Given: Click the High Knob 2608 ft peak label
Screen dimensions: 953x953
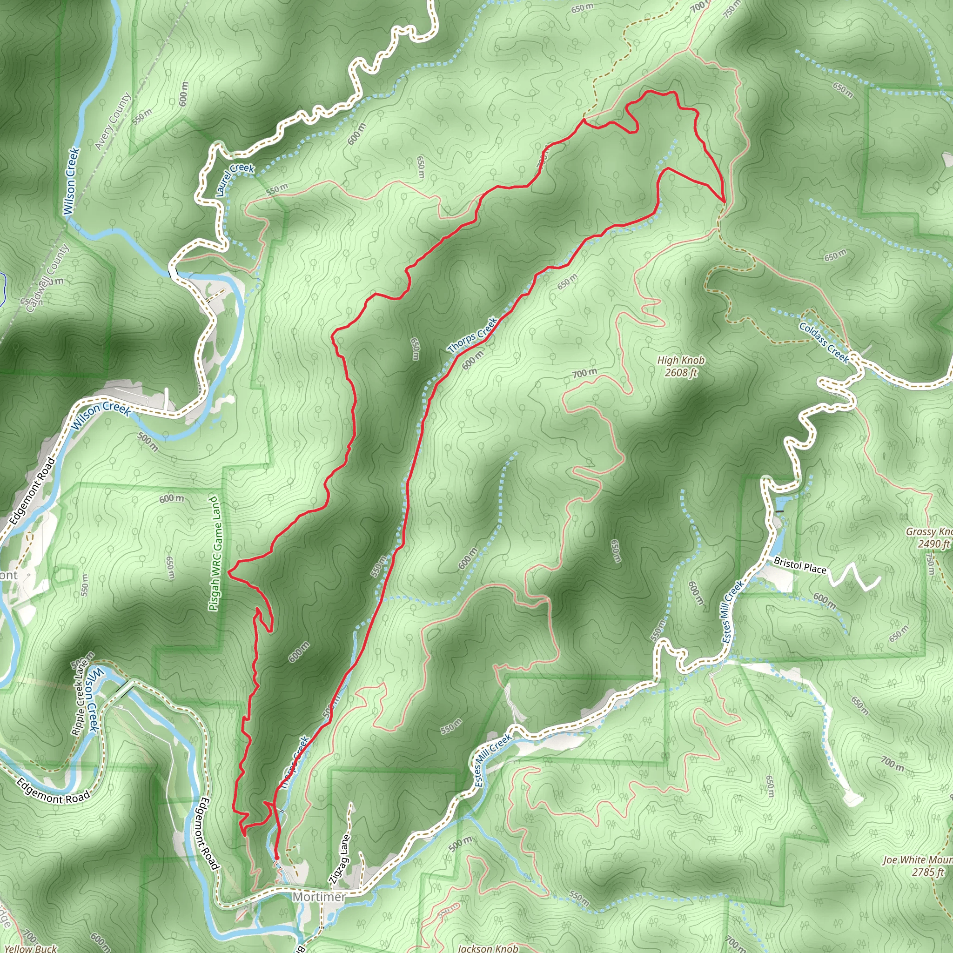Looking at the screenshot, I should [x=681, y=367].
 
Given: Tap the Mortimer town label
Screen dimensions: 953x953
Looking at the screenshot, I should [x=319, y=896].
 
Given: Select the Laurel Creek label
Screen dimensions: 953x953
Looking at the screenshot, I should [x=235, y=179].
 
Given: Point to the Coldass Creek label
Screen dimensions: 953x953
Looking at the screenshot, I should [x=824, y=342].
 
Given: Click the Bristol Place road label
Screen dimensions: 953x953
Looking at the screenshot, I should [x=799, y=565].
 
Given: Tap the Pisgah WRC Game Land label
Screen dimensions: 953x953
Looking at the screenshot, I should [x=214, y=553].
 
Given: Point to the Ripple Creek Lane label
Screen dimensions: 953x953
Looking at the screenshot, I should [x=81, y=698].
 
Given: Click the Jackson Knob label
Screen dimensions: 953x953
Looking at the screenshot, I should [x=488, y=947].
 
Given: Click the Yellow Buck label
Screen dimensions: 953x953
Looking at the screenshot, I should [x=31, y=947].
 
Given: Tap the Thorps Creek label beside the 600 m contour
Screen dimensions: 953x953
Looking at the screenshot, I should [x=473, y=335].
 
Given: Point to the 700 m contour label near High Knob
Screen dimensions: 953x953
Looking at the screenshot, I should [x=584, y=373].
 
